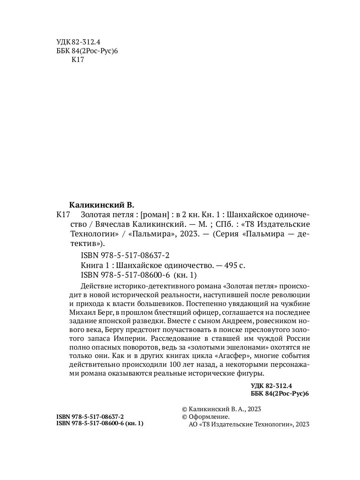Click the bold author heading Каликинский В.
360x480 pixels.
point(104,206)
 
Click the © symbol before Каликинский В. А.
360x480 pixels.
point(184,409)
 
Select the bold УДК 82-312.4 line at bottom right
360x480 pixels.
point(272,386)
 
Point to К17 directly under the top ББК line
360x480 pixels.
point(77,60)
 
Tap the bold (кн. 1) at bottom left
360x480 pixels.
point(134,424)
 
